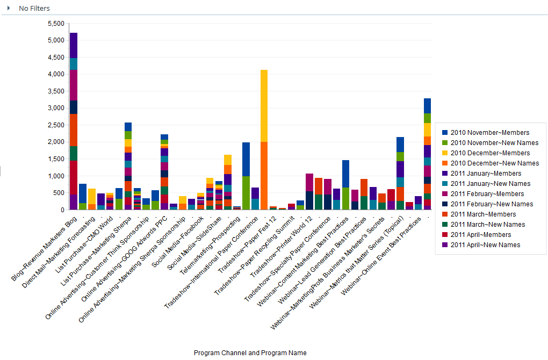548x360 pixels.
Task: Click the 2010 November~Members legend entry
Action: click(489, 133)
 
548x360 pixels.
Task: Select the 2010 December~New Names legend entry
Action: click(495, 163)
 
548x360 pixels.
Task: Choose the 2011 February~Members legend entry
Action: click(489, 194)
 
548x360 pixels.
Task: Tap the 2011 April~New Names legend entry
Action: click(486, 245)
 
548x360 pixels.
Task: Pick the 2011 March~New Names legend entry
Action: click(488, 225)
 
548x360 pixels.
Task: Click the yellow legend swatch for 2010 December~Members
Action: click(445, 153)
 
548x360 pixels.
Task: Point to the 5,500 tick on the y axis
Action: click(56, 24)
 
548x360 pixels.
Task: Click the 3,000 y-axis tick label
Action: click(56, 109)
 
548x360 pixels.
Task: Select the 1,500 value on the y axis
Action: click(56, 160)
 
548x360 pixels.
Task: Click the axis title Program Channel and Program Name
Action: click(250, 353)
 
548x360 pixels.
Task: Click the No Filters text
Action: click(34, 9)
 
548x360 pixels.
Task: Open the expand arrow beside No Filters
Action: click(9, 9)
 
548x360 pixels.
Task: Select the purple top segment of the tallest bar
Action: click(74, 45)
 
